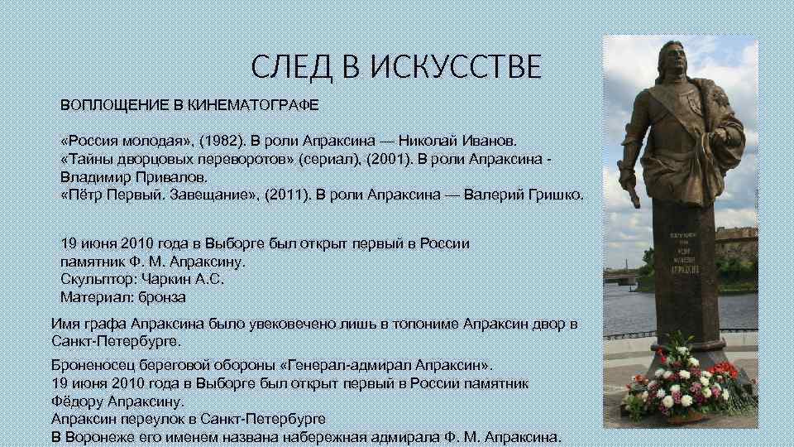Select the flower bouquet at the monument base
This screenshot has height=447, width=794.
pyautogui.click(x=682, y=385)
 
